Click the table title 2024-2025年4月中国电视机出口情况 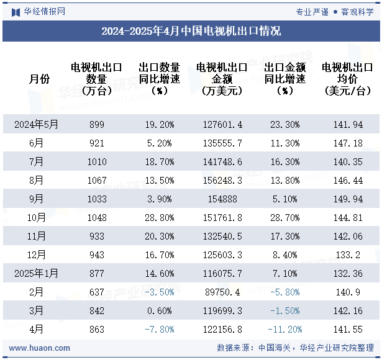[191, 31]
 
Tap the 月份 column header [39, 79]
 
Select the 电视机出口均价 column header [347, 79]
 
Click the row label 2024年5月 [37, 124]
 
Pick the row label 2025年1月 [37, 273]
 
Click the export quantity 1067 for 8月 [97, 180]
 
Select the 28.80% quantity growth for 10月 [159, 217]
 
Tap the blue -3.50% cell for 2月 [159, 292]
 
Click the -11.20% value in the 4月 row [284, 329]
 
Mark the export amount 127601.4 [222, 124]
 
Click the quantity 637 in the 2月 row [97, 292]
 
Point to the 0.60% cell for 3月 [159, 310]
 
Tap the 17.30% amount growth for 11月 [284, 236]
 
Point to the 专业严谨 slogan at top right [312, 11]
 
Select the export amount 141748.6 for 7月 [222, 161]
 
